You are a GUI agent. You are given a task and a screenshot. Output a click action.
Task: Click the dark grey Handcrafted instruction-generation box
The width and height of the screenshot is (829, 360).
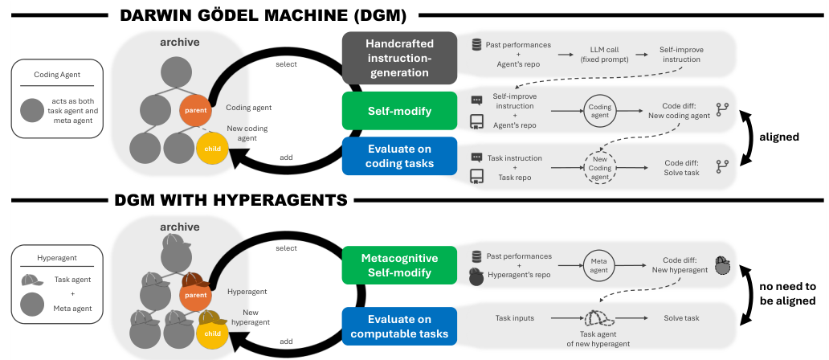[399, 58]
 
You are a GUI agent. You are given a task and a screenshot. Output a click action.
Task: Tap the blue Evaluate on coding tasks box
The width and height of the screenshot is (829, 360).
[399, 156]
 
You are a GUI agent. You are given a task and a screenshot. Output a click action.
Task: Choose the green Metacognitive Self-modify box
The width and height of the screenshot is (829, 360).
[399, 265]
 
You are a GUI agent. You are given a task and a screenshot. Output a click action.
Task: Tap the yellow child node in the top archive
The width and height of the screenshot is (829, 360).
[212, 149]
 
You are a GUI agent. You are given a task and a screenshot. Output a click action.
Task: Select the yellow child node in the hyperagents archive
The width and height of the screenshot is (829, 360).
[212, 331]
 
